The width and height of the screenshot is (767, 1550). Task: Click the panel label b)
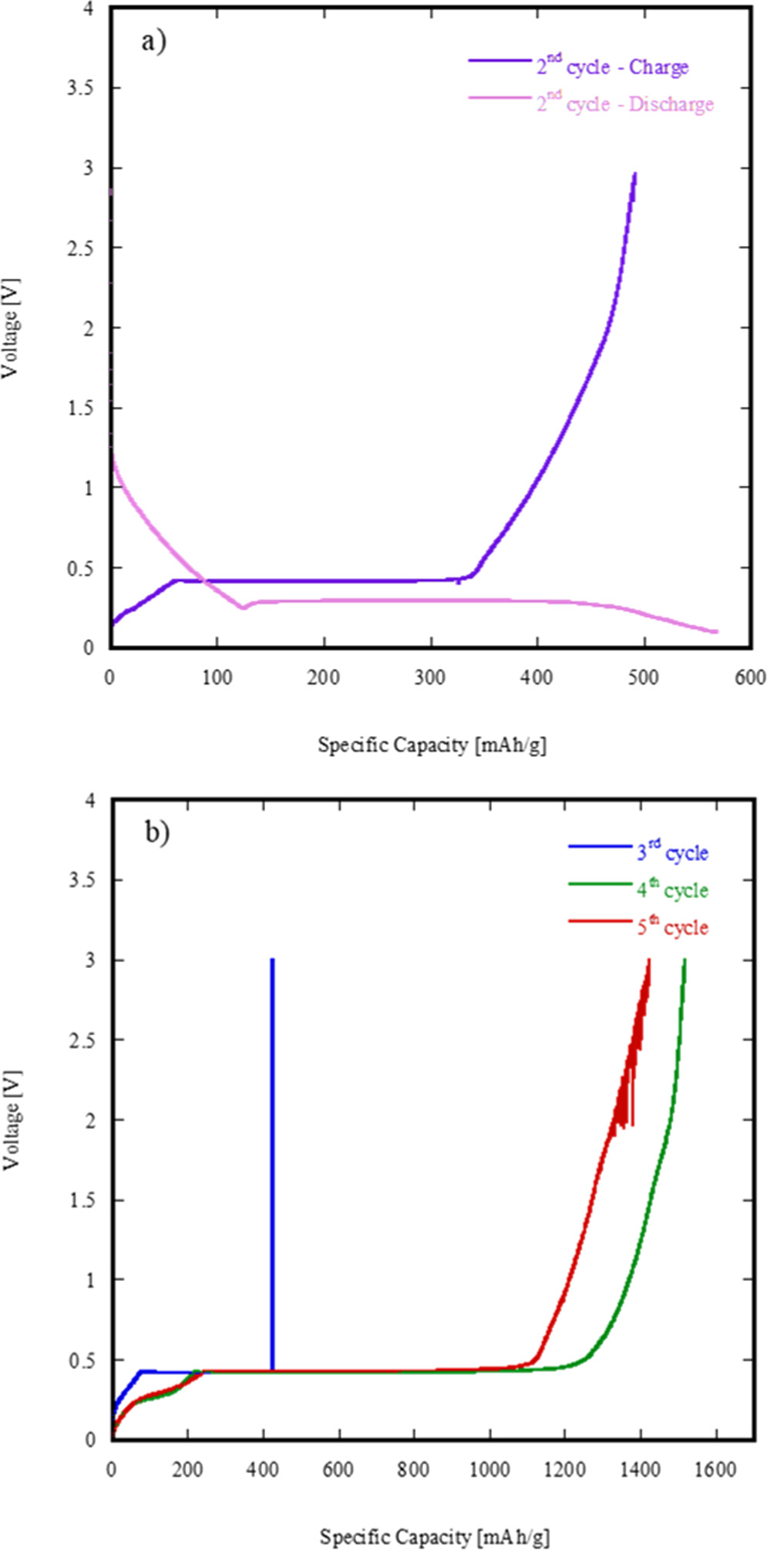(157, 832)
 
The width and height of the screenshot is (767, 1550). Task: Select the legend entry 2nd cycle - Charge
(612, 67)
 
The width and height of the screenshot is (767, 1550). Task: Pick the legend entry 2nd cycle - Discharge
(624, 104)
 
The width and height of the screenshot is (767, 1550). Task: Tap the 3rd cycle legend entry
(671, 852)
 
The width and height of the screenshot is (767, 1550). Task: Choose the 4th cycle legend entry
(671, 889)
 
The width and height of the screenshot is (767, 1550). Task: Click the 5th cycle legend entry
(671, 926)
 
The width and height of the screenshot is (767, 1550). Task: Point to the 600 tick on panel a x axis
(750, 677)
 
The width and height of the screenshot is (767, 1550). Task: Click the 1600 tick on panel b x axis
(715, 1470)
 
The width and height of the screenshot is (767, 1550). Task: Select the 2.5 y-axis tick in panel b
(81, 1040)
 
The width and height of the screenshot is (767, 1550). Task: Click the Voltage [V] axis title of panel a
(11, 328)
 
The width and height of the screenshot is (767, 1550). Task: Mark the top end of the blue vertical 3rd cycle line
(272, 960)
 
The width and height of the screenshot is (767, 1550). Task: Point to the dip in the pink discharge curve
(244, 607)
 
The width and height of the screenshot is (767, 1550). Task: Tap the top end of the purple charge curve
(634, 174)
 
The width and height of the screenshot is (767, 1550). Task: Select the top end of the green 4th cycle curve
(684, 960)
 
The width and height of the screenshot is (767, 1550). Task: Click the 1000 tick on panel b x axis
(489, 1470)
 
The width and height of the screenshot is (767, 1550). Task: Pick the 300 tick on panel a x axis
(430, 677)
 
